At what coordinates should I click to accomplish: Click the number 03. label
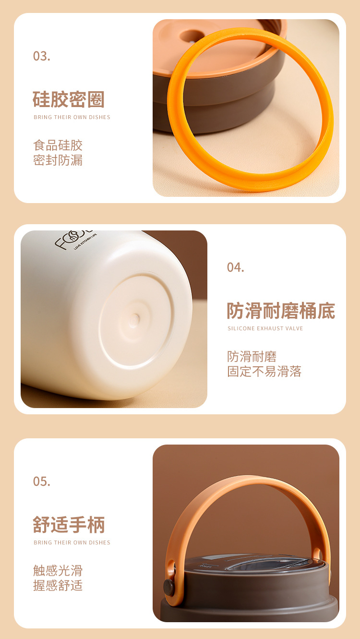pyautogui.click(x=41, y=56)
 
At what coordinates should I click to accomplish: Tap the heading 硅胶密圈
pyautogui.click(x=69, y=99)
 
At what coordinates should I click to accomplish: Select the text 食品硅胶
pyautogui.click(x=58, y=145)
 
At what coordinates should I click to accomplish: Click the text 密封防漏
pyautogui.click(x=58, y=160)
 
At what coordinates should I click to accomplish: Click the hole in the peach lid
pyautogui.click(x=191, y=36)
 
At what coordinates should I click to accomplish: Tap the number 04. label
pyautogui.click(x=235, y=267)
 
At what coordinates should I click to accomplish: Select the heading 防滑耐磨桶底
pyautogui.click(x=281, y=311)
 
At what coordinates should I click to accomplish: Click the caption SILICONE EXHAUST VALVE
pyautogui.click(x=265, y=328)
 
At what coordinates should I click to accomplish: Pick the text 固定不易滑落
pyautogui.click(x=264, y=372)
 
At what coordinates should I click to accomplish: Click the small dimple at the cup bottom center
pyautogui.click(x=135, y=318)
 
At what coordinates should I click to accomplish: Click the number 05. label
pyautogui.click(x=41, y=481)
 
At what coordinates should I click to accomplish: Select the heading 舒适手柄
pyautogui.click(x=69, y=524)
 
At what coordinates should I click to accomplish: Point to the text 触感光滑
pyautogui.click(x=58, y=570)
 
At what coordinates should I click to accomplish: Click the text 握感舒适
pyautogui.click(x=58, y=586)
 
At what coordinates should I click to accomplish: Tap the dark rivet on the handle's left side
pyautogui.click(x=169, y=587)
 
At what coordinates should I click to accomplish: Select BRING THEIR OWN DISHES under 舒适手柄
pyautogui.click(x=72, y=543)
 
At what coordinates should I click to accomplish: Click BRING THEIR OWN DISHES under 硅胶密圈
pyautogui.click(x=72, y=117)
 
